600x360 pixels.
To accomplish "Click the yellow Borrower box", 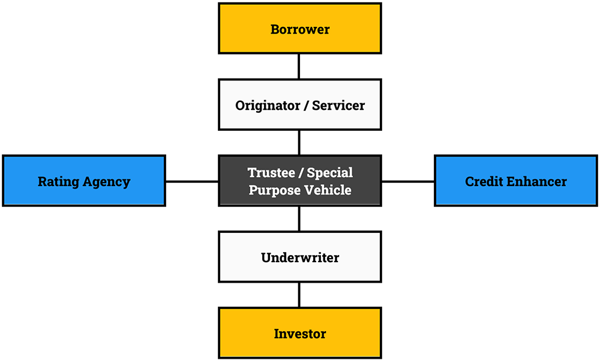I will coord(300,28).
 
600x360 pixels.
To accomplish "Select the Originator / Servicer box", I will coord(300,104).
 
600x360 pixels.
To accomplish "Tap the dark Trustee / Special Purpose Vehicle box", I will coord(300,181).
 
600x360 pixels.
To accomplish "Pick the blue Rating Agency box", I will coord(84,181).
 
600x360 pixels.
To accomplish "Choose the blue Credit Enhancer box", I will coord(516,181).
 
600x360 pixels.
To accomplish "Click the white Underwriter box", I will coord(300,257).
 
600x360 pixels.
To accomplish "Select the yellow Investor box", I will coord(300,333).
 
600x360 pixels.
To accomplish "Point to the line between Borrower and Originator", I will coord(299,66).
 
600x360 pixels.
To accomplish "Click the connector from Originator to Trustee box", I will coord(299,142).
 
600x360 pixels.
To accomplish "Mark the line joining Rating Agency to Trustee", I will coord(192,181).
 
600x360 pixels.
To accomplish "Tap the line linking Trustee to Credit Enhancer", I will coord(407,181).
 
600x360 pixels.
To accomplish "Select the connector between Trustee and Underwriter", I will coord(299,218).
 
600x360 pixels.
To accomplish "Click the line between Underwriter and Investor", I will coord(299,295).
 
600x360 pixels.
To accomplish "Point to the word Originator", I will coord(267,105).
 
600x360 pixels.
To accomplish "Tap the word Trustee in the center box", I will coord(271,173).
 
